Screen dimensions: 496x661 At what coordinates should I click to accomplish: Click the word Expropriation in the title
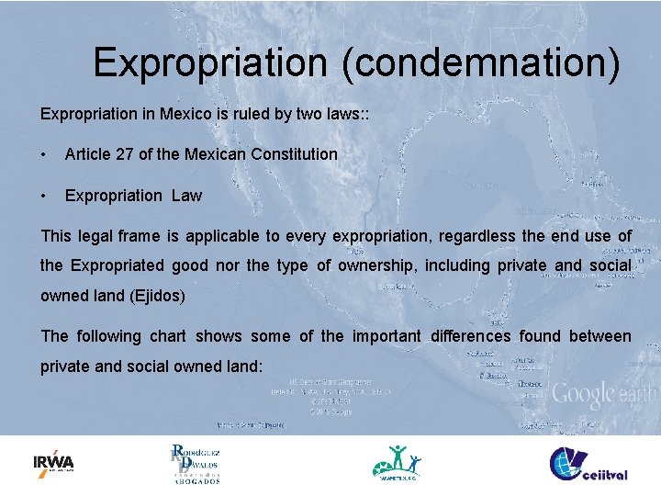210,62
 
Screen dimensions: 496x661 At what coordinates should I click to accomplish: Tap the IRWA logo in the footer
53,462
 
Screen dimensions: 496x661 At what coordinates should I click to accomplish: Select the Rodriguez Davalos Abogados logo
195,463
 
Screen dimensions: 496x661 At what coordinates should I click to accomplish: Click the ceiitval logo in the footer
588,463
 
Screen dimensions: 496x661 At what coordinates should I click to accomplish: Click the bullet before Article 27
44,154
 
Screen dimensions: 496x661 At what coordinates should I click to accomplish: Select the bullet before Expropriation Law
44,196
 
